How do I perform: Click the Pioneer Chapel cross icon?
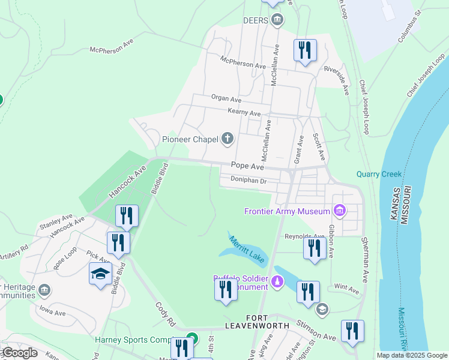coord(228,139)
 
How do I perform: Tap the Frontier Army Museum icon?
coord(340,211)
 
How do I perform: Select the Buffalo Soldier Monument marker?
coord(277,281)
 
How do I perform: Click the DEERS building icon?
coord(277,20)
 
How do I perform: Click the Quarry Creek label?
coord(378,175)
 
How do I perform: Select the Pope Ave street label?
coord(247,166)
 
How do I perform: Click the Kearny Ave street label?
coord(244,113)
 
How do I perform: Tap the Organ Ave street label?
coord(226,98)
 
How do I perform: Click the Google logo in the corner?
coord(19,353)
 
